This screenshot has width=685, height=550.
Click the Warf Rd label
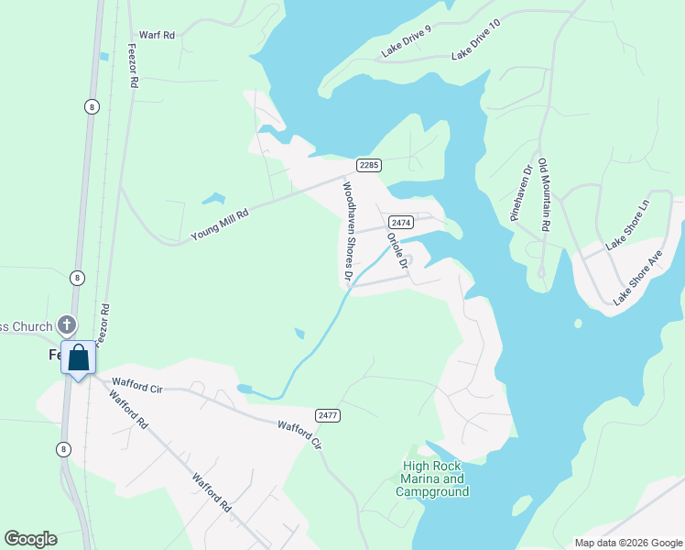click(157, 35)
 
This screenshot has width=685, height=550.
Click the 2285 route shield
click(368, 165)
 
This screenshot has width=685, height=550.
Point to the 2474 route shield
click(400, 222)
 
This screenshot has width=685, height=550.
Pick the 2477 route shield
click(327, 415)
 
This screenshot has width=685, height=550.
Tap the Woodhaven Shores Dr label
click(348, 229)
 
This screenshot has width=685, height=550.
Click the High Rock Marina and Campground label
click(432, 478)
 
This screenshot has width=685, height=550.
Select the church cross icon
click(67, 324)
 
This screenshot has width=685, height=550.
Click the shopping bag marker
click(79, 358)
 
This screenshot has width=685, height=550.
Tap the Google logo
click(30, 539)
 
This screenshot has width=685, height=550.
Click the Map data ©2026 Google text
click(627, 543)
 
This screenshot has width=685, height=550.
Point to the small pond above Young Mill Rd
click(212, 198)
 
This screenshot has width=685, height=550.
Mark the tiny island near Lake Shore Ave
click(578, 324)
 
